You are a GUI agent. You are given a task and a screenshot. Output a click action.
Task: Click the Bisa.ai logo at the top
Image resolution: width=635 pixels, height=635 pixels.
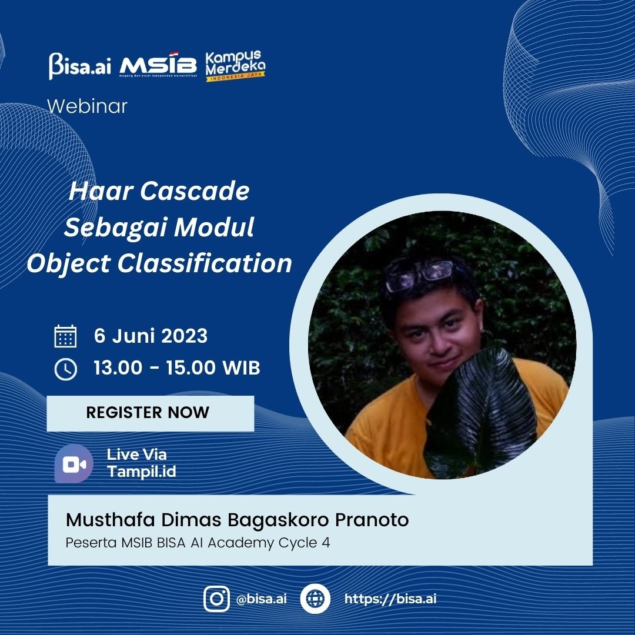point(80,66)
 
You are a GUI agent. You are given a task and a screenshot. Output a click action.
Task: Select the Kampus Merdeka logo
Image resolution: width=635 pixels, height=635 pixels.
point(235,66)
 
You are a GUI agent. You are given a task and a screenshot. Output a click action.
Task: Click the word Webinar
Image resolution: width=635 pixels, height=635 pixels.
point(88,106)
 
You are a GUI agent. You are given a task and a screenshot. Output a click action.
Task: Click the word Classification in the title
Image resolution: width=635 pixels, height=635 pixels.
point(205,263)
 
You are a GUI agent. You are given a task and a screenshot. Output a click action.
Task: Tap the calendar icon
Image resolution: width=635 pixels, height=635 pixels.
point(65,336)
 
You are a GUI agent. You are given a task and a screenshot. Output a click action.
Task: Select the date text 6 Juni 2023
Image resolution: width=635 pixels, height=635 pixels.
point(151,336)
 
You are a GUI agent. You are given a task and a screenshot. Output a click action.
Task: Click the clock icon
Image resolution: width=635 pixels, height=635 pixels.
point(66,369)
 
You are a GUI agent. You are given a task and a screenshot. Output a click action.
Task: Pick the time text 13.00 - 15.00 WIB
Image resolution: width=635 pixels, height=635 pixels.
point(177,367)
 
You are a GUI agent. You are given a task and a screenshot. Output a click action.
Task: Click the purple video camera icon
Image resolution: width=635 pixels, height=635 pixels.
point(73,464)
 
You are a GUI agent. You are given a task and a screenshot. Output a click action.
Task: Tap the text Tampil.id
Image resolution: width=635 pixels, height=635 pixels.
point(142,472)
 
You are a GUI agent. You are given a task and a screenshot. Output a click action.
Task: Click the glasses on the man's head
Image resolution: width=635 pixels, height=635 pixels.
point(419,275)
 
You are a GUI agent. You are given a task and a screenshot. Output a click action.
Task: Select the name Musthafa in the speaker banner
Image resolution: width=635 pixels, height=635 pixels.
point(110,520)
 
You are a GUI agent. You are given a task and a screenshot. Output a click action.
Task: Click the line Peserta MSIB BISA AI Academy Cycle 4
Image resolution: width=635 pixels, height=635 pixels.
point(198,543)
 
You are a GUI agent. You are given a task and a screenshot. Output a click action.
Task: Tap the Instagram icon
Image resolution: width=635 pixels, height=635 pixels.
point(216,599)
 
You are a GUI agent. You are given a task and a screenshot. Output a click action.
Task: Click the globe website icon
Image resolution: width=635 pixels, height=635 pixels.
point(315,599)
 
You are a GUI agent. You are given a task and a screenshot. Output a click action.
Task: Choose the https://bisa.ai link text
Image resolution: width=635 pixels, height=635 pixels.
point(390,599)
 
